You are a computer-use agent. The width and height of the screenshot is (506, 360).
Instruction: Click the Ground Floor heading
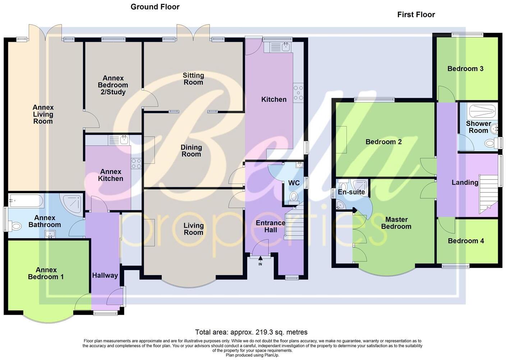coord(155,7)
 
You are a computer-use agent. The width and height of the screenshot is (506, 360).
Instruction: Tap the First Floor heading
coord(416,15)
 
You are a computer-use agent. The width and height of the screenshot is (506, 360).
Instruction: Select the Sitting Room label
coord(193,79)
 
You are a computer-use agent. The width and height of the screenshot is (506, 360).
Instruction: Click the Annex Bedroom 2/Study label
coord(113,85)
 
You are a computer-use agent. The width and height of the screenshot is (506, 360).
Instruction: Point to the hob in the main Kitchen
coord(298,93)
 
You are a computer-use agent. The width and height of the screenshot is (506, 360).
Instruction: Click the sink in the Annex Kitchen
coord(124,140)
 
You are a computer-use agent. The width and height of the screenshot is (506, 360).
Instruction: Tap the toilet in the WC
coord(294,198)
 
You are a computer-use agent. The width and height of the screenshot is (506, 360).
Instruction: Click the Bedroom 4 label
coord(466,241)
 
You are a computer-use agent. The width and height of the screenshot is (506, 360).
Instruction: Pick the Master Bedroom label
coord(396,223)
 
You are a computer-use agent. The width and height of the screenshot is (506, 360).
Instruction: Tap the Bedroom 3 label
coord(465,69)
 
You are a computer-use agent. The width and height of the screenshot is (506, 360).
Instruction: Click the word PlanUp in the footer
coord(272,355)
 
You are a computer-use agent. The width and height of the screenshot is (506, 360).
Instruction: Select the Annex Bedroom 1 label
coord(46,273)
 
